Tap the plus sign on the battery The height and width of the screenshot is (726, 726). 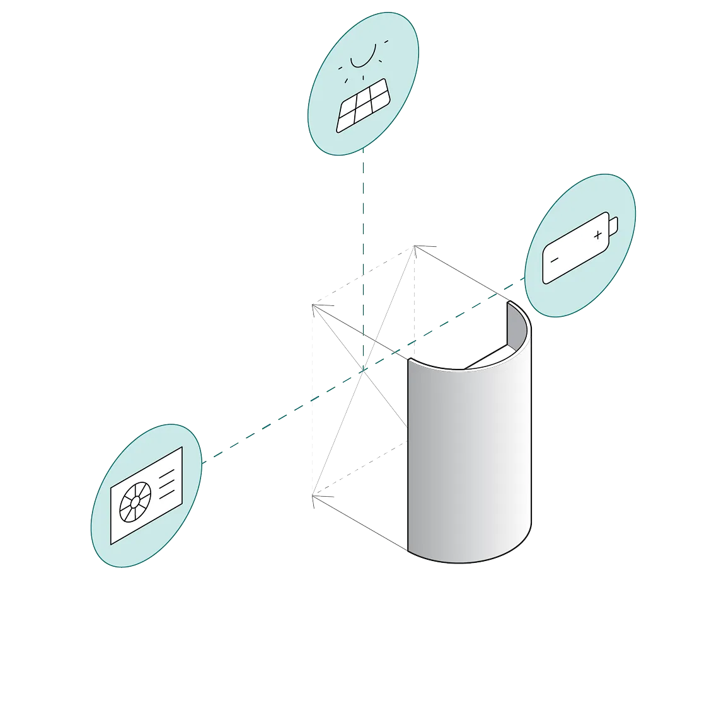coord(597,235)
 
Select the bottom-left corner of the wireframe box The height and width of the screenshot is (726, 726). coord(313,501)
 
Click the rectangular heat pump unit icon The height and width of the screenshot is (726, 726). coord(146,495)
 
